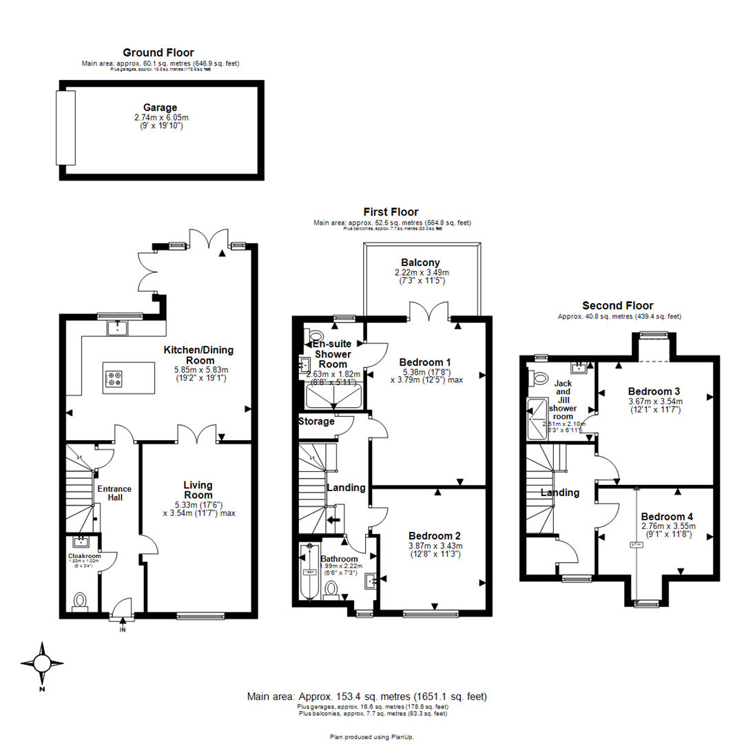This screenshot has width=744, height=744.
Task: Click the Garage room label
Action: (161, 107)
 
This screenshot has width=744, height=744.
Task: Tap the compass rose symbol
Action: (42, 664)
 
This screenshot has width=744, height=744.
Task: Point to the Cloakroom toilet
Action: (80, 601)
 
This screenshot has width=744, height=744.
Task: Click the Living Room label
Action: (198, 490)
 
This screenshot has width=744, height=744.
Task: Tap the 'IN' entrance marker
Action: (123, 629)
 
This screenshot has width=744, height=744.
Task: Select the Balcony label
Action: (421, 262)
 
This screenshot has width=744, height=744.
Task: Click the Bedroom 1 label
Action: (425, 362)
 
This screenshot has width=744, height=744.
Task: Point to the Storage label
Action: (316, 421)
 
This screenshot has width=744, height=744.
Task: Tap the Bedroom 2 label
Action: (434, 536)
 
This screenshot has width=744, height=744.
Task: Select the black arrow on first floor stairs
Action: (334, 520)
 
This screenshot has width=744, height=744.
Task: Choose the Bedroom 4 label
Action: (667, 517)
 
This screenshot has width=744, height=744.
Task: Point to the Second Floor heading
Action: (617, 306)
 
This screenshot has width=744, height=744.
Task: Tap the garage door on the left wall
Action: (65, 127)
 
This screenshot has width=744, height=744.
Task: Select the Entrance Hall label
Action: (114, 493)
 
